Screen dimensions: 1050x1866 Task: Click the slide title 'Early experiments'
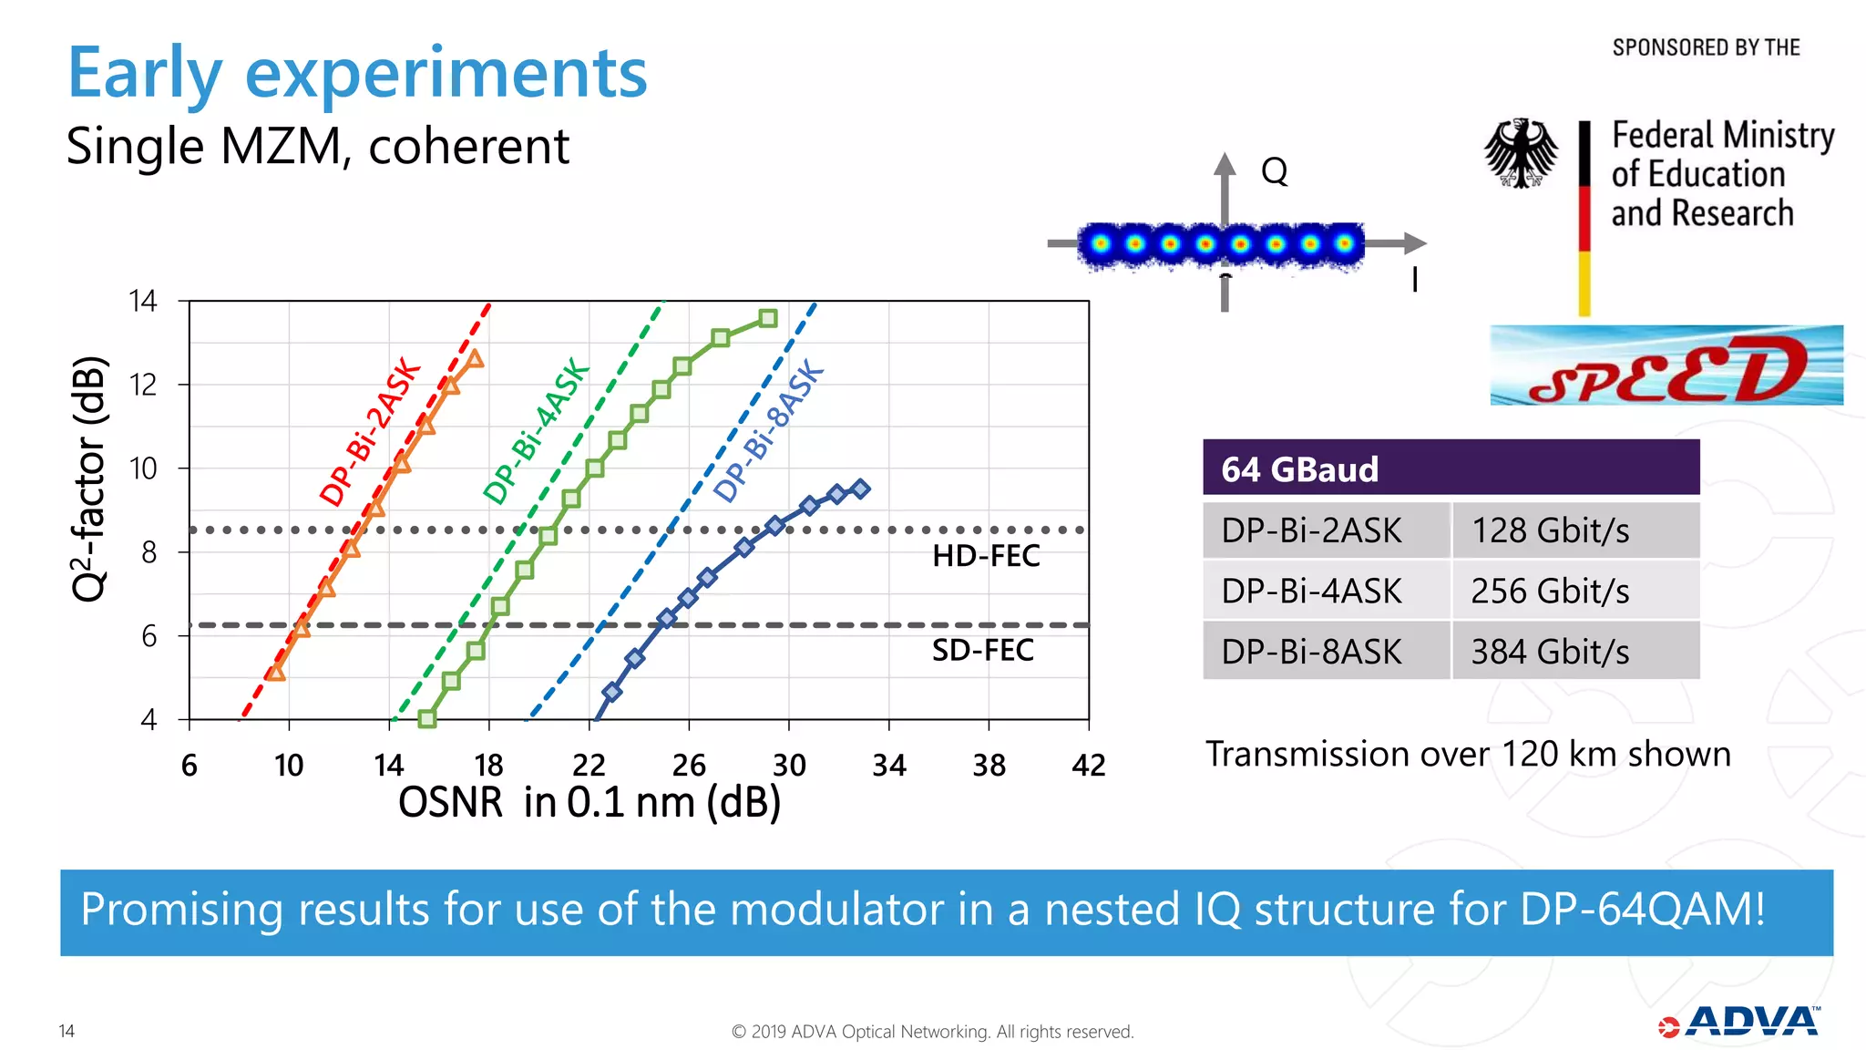point(357,73)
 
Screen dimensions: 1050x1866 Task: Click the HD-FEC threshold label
point(985,556)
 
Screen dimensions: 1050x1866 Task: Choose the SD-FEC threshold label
point(982,651)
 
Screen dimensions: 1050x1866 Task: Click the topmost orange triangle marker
point(474,359)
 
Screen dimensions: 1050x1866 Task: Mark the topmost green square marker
point(768,318)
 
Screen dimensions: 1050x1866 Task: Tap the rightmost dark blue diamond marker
point(860,489)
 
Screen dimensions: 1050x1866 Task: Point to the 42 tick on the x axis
point(1088,765)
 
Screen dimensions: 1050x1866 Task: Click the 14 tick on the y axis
point(143,301)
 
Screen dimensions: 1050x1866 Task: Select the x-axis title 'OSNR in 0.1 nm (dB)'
point(590,802)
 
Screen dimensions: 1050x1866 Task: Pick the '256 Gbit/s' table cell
point(1549,591)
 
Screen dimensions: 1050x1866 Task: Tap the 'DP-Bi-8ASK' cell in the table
point(1311,652)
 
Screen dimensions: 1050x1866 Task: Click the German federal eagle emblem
point(1521,153)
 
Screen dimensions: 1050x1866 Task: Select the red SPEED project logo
point(1666,366)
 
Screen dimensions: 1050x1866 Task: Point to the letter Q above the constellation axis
point(1274,171)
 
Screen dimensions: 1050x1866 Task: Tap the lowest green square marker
point(426,719)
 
